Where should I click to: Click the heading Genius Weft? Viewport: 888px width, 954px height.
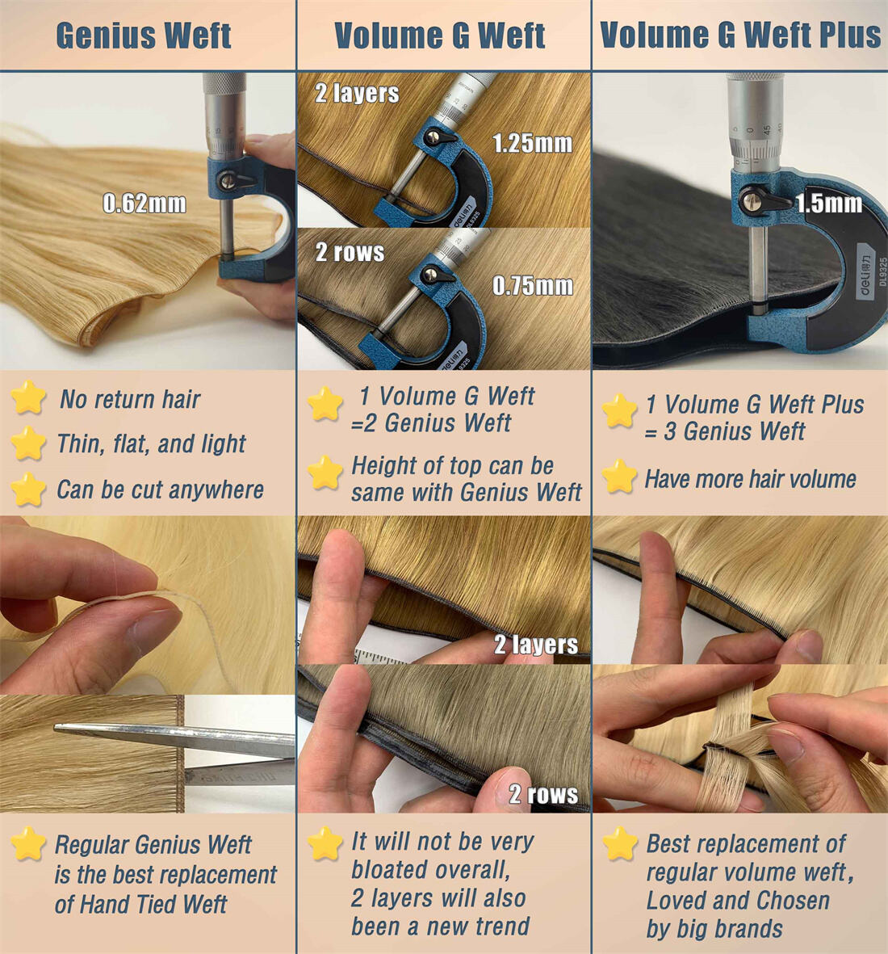pyautogui.click(x=144, y=36)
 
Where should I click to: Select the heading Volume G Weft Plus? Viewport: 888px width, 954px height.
pyautogui.click(x=740, y=35)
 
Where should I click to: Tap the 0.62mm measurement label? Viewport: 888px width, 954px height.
pyautogui.click(x=145, y=204)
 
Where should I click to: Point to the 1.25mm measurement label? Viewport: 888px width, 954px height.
pyautogui.click(x=532, y=143)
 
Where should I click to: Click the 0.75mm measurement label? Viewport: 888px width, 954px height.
pyautogui.click(x=533, y=285)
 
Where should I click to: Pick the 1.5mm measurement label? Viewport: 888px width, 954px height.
pyautogui.click(x=829, y=204)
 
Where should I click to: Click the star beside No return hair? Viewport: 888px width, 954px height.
pyautogui.click(x=28, y=397)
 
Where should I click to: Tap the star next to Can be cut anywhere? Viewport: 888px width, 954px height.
pyautogui.click(x=28, y=490)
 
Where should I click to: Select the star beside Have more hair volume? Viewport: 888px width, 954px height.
pyautogui.click(x=620, y=477)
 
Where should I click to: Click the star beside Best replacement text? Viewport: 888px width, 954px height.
pyautogui.click(x=620, y=843)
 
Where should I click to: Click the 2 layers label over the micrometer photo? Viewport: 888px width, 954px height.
pyautogui.click(x=357, y=93)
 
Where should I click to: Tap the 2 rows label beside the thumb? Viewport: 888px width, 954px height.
pyautogui.click(x=543, y=794)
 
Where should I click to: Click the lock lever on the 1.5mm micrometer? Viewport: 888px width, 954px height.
pyautogui.click(x=759, y=201)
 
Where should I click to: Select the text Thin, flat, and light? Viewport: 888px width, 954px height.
pyautogui.click(x=152, y=444)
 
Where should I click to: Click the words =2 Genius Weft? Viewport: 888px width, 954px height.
pyautogui.click(x=430, y=422)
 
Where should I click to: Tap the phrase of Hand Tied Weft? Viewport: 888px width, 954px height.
pyautogui.click(x=140, y=904)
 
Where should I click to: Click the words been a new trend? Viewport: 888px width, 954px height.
pyautogui.click(x=440, y=926)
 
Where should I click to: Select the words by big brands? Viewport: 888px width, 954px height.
pyautogui.click(x=714, y=929)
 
